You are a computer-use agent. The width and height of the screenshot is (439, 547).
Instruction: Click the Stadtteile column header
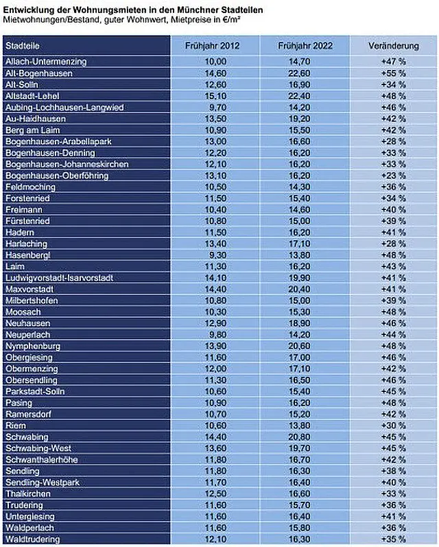coord(23,46)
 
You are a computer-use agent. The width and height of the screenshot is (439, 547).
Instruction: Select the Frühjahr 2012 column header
coord(213,46)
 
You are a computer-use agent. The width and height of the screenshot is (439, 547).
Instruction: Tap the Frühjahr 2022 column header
coord(305,46)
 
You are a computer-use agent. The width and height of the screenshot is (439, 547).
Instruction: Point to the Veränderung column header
coord(394,46)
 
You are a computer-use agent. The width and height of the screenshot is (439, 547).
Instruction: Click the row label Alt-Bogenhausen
coord(39,73)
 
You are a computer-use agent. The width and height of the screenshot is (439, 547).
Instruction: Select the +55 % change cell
coord(393,73)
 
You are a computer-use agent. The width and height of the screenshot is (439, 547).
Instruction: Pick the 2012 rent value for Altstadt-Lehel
coord(215,96)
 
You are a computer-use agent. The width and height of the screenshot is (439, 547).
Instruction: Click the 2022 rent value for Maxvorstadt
coord(300,289)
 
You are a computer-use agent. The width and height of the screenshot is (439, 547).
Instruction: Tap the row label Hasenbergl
coord(28,255)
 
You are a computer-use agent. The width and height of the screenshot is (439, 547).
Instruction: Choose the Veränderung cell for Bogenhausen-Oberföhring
coord(393,176)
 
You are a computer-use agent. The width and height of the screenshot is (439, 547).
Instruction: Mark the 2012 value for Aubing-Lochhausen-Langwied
coord(217,108)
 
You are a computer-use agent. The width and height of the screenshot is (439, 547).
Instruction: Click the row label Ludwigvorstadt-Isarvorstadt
coord(59,278)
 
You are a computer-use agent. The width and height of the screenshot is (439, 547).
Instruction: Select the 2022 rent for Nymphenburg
coord(300,346)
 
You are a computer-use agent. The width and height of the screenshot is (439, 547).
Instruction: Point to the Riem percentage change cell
coord(393,426)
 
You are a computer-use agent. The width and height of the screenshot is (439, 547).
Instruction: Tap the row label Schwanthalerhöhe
coord(41,460)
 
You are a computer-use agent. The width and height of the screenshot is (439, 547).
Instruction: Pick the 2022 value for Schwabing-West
coord(300,448)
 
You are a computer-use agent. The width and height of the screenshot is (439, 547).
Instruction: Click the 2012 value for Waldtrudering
coord(215,539)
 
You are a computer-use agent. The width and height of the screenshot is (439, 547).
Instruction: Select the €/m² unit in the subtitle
coord(232,19)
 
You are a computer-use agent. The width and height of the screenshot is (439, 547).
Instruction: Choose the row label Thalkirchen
coord(28,494)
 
